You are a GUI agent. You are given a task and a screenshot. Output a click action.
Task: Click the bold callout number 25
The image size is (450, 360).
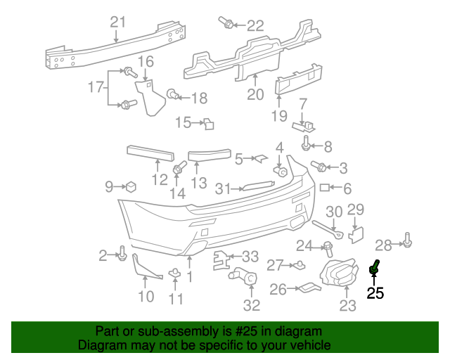(x=375, y=293)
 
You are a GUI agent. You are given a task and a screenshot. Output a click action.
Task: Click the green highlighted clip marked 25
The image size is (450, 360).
(x=375, y=267)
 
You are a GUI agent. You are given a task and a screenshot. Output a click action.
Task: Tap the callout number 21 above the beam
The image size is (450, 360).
(x=117, y=22)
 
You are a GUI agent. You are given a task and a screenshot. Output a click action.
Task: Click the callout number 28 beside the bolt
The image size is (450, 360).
(x=383, y=245)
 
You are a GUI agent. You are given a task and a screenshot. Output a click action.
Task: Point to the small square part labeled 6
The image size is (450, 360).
(x=325, y=188)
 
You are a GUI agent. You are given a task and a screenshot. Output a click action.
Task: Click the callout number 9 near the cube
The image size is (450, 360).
(x=109, y=186)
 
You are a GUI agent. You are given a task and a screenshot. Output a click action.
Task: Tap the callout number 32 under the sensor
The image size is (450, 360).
(x=251, y=305)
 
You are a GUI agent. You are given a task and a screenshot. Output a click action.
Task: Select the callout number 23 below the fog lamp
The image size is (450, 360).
(x=348, y=305)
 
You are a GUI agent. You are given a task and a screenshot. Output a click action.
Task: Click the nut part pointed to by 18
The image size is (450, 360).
(x=172, y=94)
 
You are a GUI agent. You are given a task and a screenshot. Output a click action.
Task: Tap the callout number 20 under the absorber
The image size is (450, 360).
(x=255, y=94)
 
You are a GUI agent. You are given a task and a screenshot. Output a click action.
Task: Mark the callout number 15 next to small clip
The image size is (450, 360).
(x=182, y=123)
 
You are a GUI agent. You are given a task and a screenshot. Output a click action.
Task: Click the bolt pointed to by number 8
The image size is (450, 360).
(x=307, y=146)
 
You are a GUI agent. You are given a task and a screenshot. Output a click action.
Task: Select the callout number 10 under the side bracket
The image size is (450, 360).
(x=146, y=296)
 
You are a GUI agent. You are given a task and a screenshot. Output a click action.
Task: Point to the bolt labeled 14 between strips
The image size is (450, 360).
(x=179, y=169)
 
